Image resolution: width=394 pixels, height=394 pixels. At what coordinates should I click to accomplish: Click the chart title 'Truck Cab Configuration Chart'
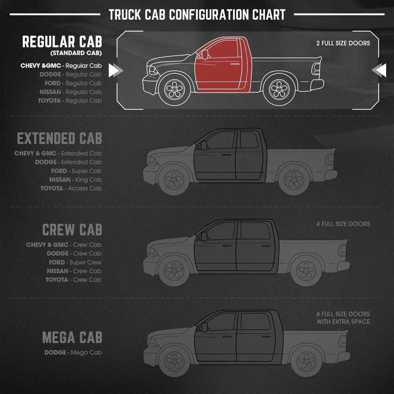197,15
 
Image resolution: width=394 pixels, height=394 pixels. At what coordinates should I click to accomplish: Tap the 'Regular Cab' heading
62,41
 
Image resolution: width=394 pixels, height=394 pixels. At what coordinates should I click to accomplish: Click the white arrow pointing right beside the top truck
115,71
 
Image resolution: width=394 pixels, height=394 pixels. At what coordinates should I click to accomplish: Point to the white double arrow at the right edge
379,71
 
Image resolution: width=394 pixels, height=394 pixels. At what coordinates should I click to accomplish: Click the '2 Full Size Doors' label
343,43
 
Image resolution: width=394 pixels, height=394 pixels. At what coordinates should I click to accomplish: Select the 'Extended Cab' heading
59,139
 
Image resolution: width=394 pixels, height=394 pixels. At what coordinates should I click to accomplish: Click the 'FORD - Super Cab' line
76,171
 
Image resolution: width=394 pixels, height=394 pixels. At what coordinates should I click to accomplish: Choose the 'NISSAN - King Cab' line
75,180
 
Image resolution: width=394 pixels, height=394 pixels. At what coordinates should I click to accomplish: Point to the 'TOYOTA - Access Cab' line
71,188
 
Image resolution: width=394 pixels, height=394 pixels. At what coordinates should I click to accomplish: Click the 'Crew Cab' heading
72,230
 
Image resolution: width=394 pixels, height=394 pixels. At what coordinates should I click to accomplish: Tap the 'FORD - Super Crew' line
75,262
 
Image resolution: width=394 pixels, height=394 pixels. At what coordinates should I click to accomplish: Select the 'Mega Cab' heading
72,338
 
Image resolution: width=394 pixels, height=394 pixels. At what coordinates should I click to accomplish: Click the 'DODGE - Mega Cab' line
73,352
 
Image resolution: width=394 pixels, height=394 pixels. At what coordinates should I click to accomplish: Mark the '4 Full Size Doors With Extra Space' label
343,318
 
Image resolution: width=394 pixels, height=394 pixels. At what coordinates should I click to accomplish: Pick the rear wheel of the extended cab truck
294,180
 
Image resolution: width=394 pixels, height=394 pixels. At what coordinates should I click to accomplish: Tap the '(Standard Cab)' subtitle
76,53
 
